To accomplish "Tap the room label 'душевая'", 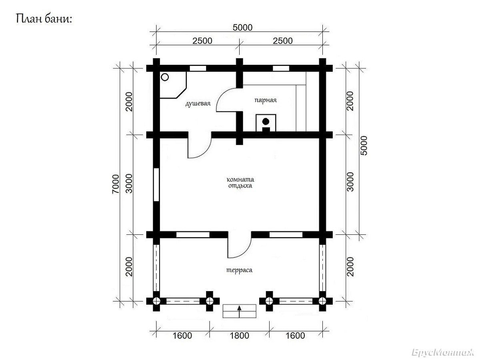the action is click(198, 103).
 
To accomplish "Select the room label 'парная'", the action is click(266, 100).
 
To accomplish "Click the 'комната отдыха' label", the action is click(240, 182).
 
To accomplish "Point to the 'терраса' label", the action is click(239, 270).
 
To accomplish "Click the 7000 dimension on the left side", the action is click(116, 184).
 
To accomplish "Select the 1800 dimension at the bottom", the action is click(239, 336).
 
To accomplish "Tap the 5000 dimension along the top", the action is click(242, 28).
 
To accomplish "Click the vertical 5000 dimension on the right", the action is click(364, 146).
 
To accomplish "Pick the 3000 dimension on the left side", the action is click(129, 184).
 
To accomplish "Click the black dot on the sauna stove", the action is click(266, 121).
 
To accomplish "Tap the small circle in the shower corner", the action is click(165, 77).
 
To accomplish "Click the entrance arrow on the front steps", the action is click(240, 311).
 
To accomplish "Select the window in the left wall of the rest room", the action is click(156, 184).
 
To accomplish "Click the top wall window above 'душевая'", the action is click(198, 68).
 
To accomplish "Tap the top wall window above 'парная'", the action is click(281, 68).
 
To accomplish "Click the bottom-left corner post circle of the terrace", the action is click(156, 301).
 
